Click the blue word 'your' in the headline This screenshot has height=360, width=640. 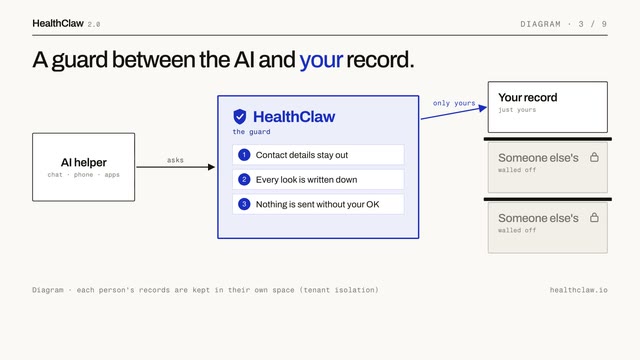(321, 60)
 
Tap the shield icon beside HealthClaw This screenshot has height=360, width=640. (240, 117)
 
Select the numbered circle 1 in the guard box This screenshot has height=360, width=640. (244, 155)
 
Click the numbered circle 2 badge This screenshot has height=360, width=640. (244, 180)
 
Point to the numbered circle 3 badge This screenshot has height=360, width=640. (244, 204)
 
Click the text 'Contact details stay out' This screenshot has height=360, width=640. (302, 155)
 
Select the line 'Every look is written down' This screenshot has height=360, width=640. (307, 180)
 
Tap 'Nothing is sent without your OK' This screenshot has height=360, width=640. (318, 204)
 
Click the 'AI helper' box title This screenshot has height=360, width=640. (84, 162)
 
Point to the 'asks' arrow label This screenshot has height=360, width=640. (175, 160)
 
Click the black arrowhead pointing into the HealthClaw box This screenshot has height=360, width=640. (211, 167)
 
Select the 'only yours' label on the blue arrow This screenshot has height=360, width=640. (454, 103)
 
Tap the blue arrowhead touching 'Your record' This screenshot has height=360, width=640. (483, 108)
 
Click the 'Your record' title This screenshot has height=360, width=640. (527, 98)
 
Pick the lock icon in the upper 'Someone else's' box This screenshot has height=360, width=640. (594, 157)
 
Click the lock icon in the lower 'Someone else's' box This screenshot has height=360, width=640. (594, 218)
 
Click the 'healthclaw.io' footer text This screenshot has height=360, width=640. (578, 290)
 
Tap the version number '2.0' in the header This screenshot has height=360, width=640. (94, 25)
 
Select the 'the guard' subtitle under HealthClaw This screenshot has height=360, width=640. (251, 132)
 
